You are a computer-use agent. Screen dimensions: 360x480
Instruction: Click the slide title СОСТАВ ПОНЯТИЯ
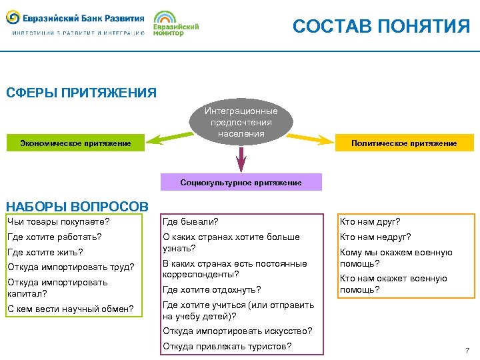tap(381, 26)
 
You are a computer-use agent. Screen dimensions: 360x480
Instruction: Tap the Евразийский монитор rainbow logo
tap(175, 23)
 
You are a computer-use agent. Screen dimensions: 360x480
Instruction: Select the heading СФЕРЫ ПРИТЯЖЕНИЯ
tap(81, 93)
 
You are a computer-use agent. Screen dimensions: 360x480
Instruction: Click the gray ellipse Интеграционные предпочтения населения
tap(241, 123)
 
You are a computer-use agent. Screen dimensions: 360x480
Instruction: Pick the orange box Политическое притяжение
tap(404, 143)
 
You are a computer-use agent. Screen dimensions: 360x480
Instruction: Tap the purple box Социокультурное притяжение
tap(241, 182)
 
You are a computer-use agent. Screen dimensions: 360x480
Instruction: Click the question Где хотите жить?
tap(45, 252)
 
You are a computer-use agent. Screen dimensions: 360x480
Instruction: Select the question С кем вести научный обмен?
tap(70, 308)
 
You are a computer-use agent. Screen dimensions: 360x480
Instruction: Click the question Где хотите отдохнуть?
tap(211, 289)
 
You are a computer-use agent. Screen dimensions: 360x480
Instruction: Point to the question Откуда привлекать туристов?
tap(227, 346)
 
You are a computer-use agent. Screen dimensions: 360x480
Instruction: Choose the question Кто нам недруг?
tap(375, 237)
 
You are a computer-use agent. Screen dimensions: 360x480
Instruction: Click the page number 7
tap(467, 351)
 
